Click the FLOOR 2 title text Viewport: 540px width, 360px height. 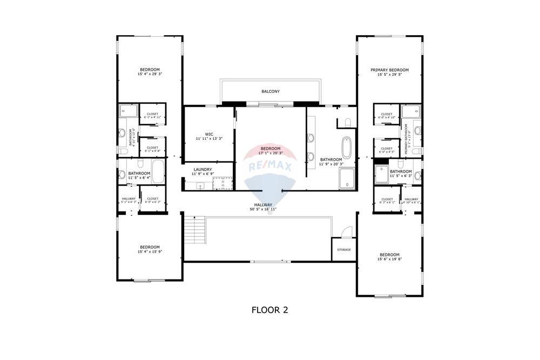coord(269,310)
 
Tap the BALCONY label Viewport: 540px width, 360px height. coord(271,91)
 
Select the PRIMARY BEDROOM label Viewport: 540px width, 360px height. coord(389,70)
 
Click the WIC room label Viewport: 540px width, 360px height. coord(209,134)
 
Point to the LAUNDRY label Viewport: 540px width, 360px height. coord(204,169)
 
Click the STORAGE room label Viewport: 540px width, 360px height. coord(344,249)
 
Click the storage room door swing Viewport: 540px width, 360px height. coord(346,232)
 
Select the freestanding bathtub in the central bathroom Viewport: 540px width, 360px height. coord(347,147)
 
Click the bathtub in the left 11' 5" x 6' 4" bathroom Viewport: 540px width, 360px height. coord(158,172)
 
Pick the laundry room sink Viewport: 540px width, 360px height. coord(200,185)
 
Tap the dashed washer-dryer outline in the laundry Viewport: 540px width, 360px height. coord(222,184)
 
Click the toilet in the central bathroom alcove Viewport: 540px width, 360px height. coord(348,123)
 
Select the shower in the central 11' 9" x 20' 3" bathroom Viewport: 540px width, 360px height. coord(347,179)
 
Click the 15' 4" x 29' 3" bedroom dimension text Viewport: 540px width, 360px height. coord(150,74)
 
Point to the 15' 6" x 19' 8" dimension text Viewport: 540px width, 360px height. coord(389,259)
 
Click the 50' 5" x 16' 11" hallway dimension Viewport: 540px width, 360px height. coord(263,209)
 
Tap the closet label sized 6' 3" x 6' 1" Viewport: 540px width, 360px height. coord(387,202)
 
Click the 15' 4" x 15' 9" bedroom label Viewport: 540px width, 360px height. coord(150,252)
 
